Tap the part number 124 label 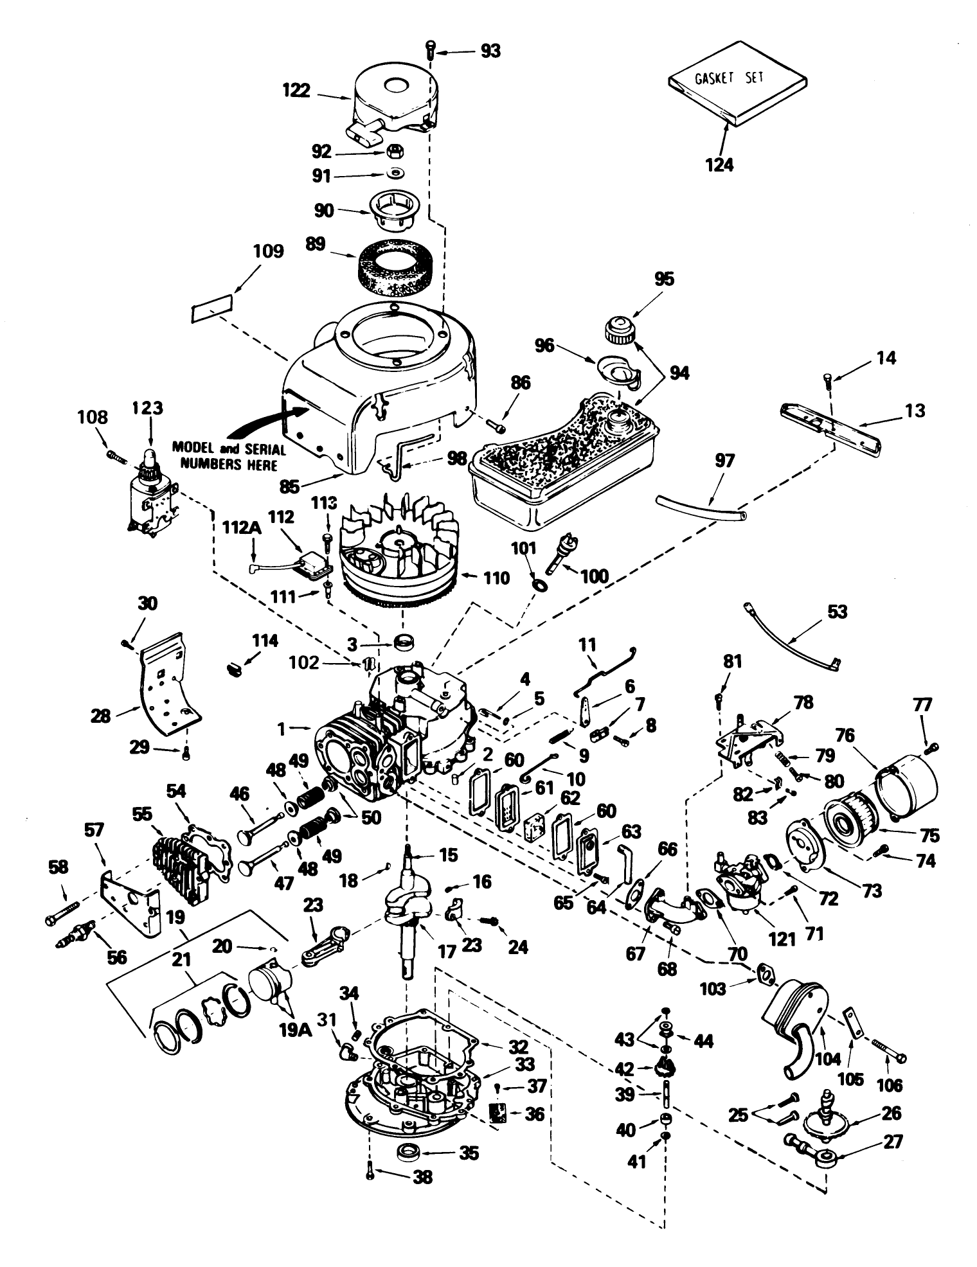719,164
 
